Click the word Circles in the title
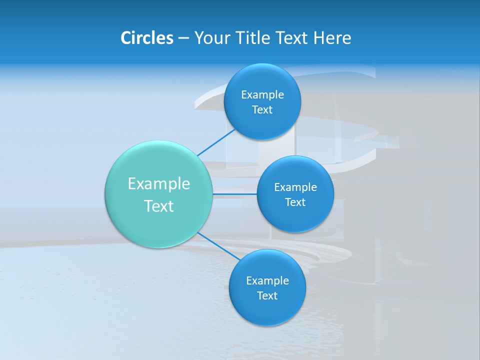146,38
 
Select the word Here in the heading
332,38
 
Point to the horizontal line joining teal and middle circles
235,193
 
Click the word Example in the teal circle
159,184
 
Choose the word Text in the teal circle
159,206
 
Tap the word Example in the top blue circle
262,95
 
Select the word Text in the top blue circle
262,110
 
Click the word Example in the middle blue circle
295,187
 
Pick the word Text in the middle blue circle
295,202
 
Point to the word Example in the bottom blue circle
267,281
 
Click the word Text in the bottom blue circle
267,296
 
